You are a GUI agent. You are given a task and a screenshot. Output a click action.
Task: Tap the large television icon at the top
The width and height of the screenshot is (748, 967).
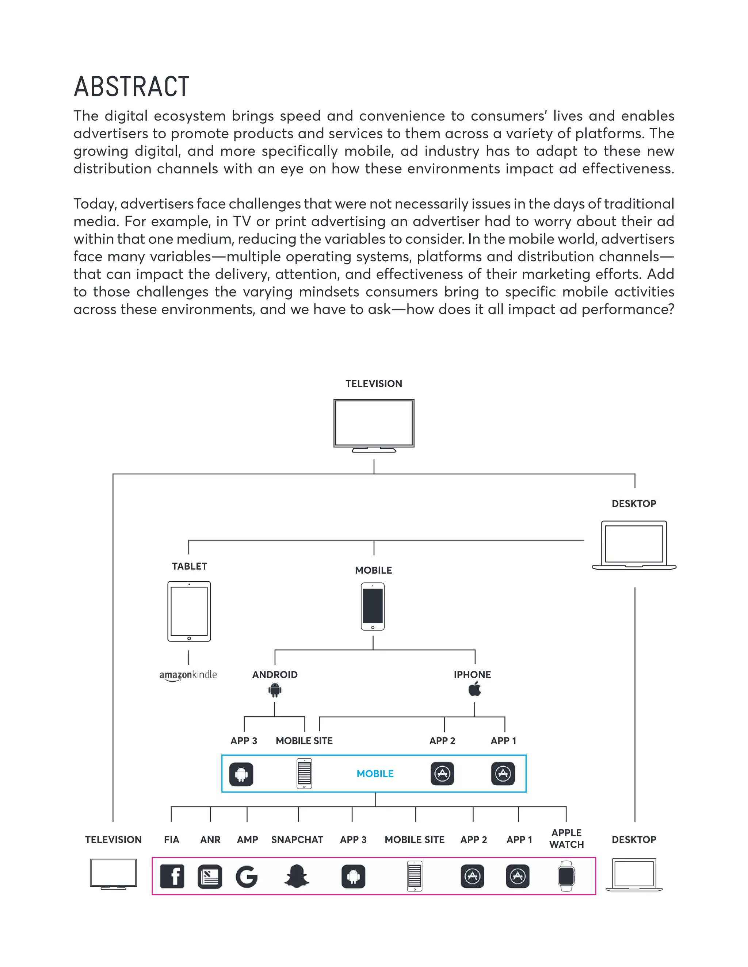374,425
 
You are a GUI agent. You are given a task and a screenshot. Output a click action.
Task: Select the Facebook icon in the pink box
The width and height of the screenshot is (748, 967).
172,876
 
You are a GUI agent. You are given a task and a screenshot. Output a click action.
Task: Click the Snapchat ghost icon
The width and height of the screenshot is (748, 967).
297,876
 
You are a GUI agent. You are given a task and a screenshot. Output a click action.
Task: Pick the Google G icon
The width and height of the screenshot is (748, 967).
247,876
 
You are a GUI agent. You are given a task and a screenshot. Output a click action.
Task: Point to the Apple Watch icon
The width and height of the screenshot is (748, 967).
566,876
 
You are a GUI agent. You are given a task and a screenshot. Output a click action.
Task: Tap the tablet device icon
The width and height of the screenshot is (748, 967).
189,612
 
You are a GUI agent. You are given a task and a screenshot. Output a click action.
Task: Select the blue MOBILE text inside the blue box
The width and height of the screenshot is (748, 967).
375,774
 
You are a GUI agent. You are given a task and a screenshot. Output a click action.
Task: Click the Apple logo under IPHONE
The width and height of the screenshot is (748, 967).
474,689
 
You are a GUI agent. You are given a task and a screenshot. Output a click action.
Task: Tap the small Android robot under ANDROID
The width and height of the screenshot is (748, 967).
275,690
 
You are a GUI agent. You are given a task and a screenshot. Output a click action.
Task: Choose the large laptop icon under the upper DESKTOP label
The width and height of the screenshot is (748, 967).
634,545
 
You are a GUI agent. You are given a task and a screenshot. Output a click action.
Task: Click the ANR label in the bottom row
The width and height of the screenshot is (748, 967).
210,840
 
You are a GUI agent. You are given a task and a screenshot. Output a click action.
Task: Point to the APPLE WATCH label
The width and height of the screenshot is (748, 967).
566,838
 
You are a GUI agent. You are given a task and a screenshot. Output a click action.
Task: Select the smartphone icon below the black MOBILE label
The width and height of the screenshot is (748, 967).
373,606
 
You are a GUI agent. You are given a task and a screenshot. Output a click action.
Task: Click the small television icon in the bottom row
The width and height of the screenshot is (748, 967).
114,874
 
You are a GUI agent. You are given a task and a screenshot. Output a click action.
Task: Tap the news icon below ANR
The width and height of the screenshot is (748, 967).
210,876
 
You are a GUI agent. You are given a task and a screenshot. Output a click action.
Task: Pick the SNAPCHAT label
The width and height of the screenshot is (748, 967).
297,840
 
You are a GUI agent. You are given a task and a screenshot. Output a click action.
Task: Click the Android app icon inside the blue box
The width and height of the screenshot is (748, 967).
241,774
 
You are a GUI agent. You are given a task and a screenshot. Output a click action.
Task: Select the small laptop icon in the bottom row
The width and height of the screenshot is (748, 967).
634,874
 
